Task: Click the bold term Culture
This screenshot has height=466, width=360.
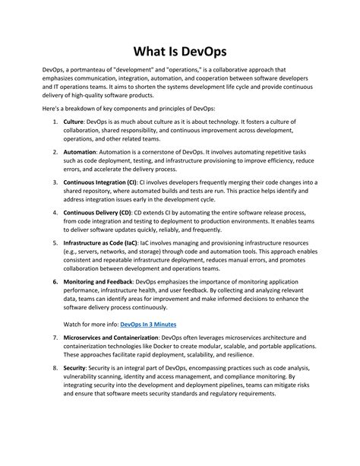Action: [x=74, y=122]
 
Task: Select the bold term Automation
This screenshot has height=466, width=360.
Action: [x=80, y=152]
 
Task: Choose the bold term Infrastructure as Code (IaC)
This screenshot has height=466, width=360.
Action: [x=101, y=244]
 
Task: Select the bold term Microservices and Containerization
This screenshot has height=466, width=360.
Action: [x=112, y=337]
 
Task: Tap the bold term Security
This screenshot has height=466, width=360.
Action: [x=74, y=367]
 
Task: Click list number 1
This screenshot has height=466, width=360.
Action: [x=55, y=122]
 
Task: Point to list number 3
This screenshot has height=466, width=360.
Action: [x=55, y=183]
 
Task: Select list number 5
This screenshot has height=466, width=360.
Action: [x=55, y=244]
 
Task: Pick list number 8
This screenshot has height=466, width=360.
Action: [x=55, y=367]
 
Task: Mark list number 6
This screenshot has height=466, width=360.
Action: [x=55, y=281]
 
